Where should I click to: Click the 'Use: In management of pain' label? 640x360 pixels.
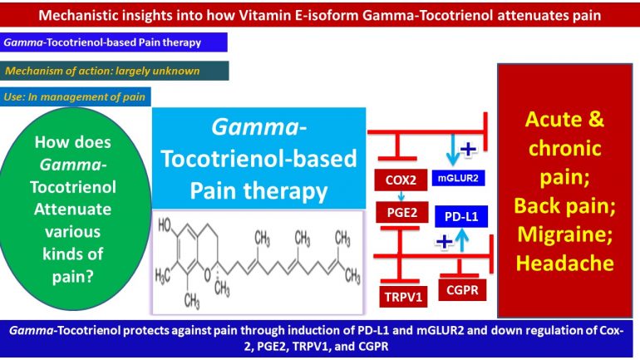tap(76, 97)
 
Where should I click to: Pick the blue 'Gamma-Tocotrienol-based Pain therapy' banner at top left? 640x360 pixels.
tap(114, 42)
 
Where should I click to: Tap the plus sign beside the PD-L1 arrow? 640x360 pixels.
tap(445, 243)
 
